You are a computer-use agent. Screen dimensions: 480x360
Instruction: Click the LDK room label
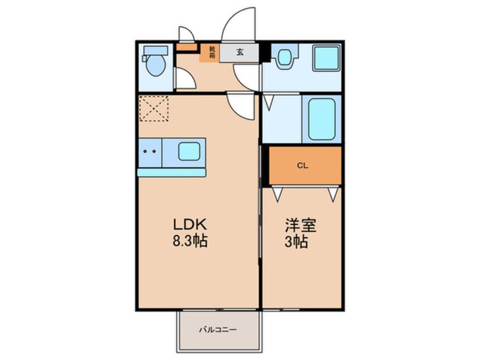point(190,225)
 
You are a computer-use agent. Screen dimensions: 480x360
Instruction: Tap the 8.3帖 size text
point(190,241)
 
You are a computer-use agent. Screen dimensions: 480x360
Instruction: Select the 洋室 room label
point(300,225)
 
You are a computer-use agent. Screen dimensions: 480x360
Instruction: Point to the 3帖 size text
point(296,242)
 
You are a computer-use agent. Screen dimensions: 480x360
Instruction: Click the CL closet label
point(302,166)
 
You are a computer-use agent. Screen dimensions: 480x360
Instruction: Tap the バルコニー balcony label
point(218,330)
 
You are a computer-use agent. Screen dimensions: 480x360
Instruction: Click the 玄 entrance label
point(239,52)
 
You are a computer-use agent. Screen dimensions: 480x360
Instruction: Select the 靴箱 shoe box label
point(212,52)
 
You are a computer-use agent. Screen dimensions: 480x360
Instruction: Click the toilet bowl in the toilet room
point(155,65)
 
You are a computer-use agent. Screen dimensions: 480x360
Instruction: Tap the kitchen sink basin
point(189,152)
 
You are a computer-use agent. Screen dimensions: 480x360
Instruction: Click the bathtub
point(322,119)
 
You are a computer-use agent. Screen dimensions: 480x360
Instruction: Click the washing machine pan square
point(326,58)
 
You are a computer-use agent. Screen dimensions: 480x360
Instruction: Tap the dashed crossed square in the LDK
point(154,108)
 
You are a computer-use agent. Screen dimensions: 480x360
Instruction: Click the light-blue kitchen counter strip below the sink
point(172,173)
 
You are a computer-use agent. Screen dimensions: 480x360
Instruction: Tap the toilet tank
point(156,51)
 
